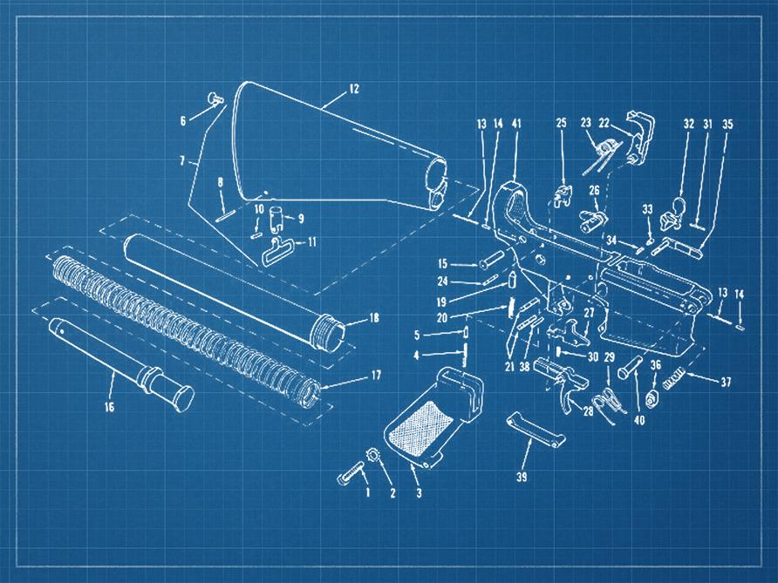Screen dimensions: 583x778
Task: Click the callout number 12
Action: (354, 89)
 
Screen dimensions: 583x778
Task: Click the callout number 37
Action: (725, 382)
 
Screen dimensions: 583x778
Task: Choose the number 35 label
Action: (728, 124)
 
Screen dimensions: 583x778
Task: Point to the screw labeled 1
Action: (350, 477)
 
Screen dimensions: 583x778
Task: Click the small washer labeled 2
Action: (372, 454)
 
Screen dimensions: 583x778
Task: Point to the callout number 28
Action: (588, 410)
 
